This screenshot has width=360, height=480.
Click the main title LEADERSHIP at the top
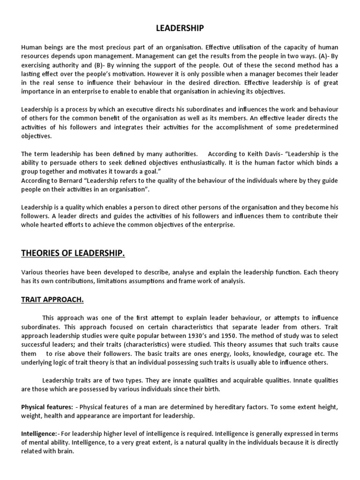pyautogui.click(x=180, y=29)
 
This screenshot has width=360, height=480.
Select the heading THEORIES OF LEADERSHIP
pyautogui.click(x=73, y=254)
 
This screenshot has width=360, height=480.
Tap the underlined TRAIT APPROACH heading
pyautogui.click(x=52, y=299)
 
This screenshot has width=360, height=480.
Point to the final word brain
pyautogui.click(x=65, y=451)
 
